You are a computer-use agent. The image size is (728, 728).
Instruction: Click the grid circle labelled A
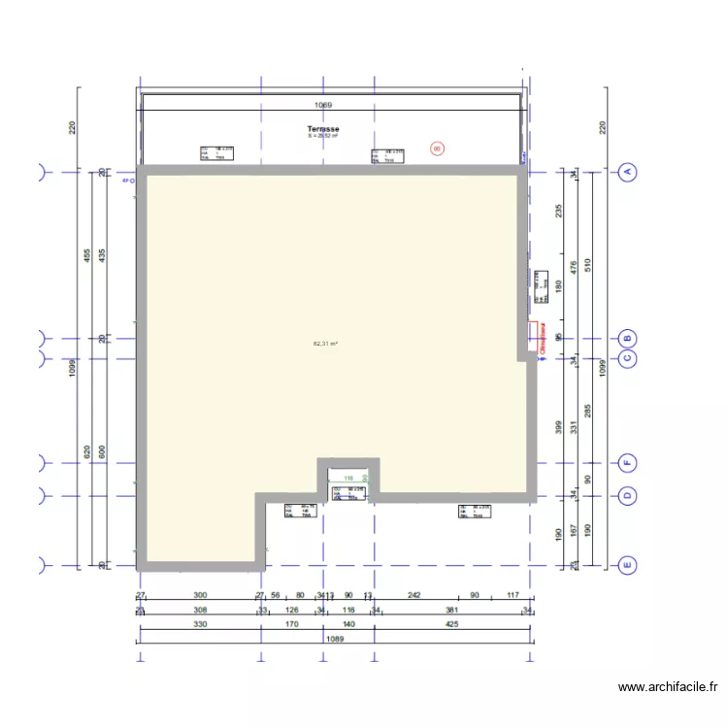[x=627, y=173]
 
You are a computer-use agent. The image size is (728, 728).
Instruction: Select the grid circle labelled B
[x=627, y=339]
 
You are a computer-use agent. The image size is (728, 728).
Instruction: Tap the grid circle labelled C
[x=627, y=358]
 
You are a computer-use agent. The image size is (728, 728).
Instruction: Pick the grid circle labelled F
[x=627, y=463]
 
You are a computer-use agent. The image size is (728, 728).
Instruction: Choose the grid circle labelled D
[x=627, y=496]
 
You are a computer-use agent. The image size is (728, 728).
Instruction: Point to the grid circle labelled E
[x=627, y=564]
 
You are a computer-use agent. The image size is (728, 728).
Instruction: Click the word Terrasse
[x=323, y=129]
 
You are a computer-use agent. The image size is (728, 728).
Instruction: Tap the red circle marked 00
[x=437, y=149]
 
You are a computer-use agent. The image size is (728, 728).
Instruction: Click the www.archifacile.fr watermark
[x=668, y=687]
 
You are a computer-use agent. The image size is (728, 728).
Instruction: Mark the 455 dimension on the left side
[x=86, y=256]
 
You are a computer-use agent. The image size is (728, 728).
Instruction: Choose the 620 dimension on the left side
[x=86, y=451]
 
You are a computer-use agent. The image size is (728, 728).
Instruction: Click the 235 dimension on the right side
[x=558, y=212]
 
